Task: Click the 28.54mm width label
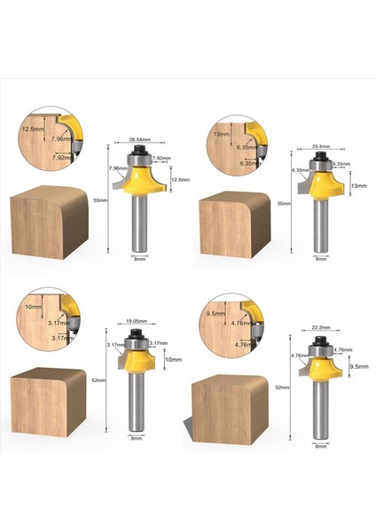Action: tap(138, 140)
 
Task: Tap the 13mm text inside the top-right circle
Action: tap(221, 133)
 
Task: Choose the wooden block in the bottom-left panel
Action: tap(49, 403)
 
